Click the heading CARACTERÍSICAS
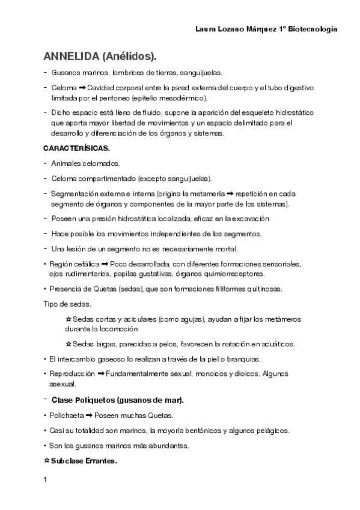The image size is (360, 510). (76, 148)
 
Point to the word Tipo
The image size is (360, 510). (51, 303)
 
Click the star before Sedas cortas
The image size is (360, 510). (68, 319)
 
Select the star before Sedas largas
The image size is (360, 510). (68, 344)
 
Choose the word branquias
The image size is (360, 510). (242, 359)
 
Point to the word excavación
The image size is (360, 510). (249, 218)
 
